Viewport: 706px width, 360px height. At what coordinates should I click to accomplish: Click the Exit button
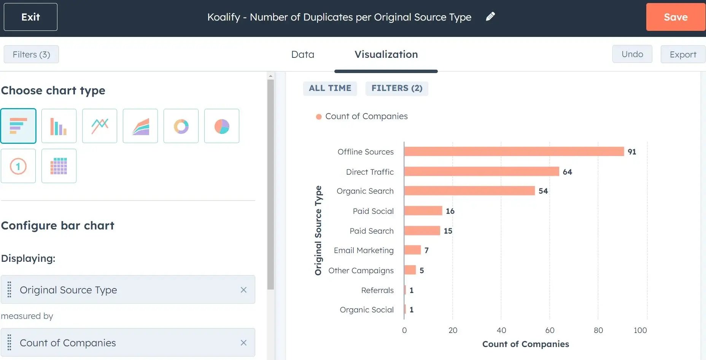pos(30,17)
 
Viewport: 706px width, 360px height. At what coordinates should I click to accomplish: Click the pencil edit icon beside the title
pos(490,16)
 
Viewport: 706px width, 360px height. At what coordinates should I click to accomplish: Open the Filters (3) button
pos(31,54)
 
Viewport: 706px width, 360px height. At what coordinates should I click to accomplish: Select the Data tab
pos(302,54)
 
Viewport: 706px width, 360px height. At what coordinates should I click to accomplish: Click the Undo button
pos(632,54)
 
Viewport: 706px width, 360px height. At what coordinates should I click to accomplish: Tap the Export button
pos(682,54)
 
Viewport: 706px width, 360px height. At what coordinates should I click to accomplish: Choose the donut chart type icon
pos(181,126)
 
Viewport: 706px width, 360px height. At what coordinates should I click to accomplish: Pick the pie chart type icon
pos(221,126)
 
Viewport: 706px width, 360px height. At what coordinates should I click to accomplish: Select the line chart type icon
pos(100,126)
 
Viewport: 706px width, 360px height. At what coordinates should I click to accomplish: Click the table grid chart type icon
pos(59,166)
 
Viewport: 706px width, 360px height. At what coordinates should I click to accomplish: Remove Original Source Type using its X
pos(243,290)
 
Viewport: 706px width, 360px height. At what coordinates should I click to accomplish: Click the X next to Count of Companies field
pos(243,343)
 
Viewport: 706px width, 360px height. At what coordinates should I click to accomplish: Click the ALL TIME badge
pos(330,88)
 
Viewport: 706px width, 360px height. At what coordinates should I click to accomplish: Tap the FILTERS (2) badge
pos(396,88)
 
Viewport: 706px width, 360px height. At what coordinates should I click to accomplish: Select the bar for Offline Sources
pos(514,151)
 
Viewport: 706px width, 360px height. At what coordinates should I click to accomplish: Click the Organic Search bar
pos(469,191)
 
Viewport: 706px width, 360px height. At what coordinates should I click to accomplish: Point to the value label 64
pos(567,172)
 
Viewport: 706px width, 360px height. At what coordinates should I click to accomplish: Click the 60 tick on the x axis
pos(550,330)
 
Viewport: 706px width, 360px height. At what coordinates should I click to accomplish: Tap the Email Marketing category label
pos(363,250)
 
